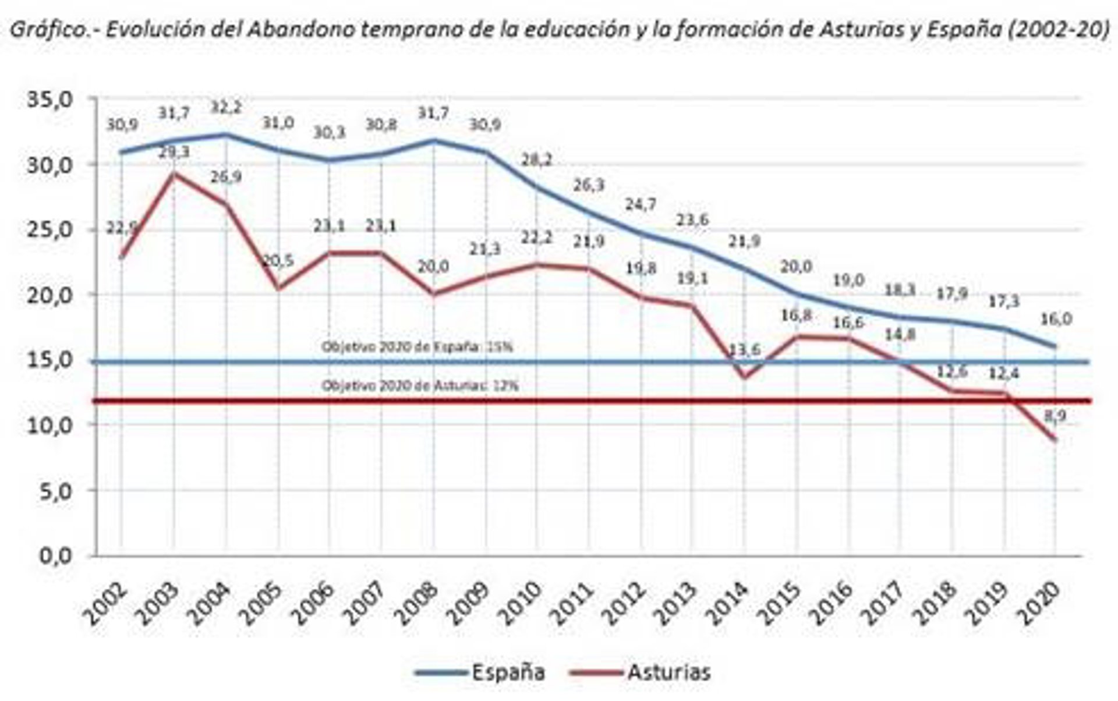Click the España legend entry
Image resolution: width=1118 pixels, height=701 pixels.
pyautogui.click(x=508, y=672)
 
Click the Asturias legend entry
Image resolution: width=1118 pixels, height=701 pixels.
pyautogui.click(x=669, y=672)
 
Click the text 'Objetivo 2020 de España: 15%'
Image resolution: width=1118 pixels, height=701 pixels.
pyautogui.click(x=417, y=347)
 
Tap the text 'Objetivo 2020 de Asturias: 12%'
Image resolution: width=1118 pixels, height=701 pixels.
pyautogui.click(x=420, y=385)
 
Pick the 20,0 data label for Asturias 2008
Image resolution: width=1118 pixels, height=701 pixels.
pyautogui.click(x=434, y=267)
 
